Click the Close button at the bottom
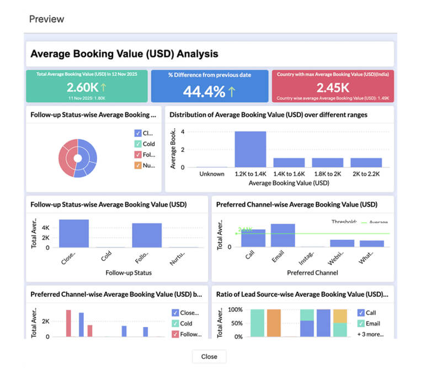209,356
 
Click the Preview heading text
46,19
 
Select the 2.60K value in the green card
82,87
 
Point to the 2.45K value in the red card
332,87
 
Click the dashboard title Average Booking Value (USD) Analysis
124,54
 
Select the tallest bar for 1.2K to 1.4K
250,149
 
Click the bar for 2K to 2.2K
366,162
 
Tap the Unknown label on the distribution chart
212,174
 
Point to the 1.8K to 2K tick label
327,174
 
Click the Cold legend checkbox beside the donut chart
138,144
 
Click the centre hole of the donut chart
78,159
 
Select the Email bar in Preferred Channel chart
283,235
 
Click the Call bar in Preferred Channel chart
253,238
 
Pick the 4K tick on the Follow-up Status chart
46,227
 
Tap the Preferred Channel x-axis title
312,272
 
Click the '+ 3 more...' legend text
370,334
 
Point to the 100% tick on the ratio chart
236,310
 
